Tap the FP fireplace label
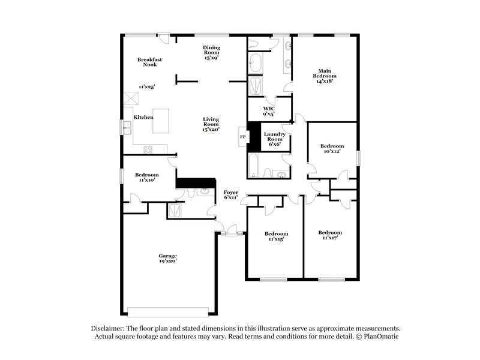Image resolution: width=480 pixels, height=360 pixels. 243,137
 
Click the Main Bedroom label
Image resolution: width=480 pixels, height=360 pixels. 324,75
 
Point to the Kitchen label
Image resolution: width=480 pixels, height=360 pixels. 143,117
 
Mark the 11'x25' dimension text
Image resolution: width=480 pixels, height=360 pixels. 146,87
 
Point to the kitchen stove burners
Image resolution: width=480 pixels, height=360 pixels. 147,149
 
